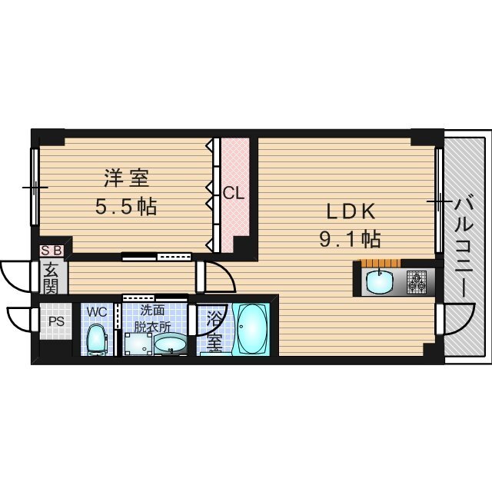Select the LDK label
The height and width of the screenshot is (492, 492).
click(x=351, y=211)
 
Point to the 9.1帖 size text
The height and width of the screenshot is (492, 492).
click(x=351, y=239)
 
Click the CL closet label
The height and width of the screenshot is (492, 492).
click(x=234, y=194)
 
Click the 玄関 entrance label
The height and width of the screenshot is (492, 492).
click(x=52, y=278)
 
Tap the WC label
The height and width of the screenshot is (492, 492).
click(x=96, y=311)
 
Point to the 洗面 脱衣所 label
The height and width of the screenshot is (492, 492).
click(x=151, y=317)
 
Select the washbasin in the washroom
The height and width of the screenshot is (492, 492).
click(x=171, y=345)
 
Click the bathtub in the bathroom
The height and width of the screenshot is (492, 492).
click(x=250, y=329)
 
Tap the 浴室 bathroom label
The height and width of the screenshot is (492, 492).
click(x=215, y=330)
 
